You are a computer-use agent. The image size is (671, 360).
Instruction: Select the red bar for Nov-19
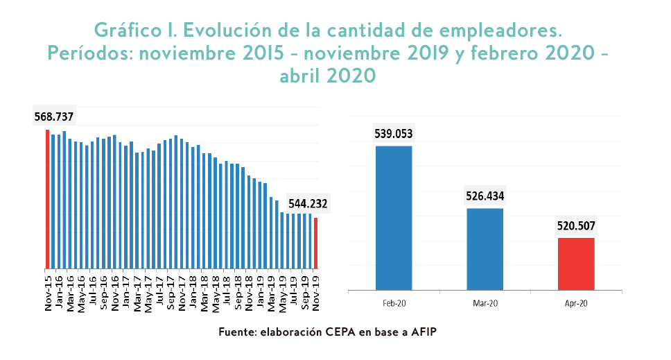click(x=316, y=243)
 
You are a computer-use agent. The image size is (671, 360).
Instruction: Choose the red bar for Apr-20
click(x=576, y=264)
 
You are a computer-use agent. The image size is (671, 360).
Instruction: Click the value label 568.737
click(x=54, y=117)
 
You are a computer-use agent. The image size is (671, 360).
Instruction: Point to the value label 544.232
click(x=308, y=205)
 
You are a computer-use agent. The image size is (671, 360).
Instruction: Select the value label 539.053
click(x=394, y=133)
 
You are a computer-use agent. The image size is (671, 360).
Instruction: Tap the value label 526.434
click(x=485, y=196)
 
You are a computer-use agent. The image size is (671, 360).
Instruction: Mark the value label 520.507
click(x=576, y=225)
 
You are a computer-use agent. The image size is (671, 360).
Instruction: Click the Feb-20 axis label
click(x=394, y=304)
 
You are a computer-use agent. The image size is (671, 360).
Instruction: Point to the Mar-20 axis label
click(x=485, y=304)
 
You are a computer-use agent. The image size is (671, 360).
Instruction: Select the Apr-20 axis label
click(x=576, y=304)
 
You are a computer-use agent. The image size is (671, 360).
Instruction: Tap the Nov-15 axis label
click(x=48, y=289)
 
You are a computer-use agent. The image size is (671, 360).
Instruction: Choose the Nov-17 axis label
click(x=182, y=289)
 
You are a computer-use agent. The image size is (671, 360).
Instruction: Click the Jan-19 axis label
click(x=260, y=289)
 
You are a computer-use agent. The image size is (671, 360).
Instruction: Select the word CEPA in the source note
click(x=341, y=333)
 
